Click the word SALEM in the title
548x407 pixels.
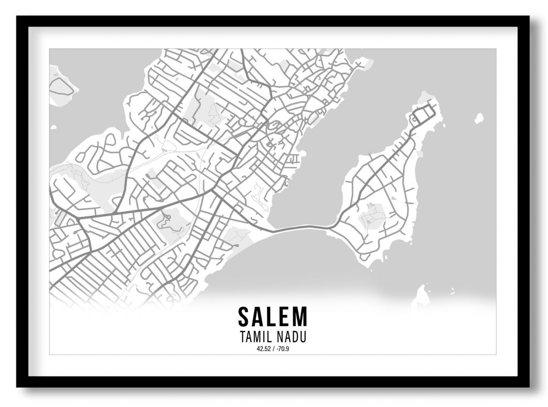pyautogui.click(x=273, y=316)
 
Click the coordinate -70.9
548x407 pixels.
pyautogui.click(x=282, y=350)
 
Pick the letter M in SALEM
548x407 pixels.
pyautogui.click(x=301, y=316)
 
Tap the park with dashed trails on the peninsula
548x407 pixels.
pyautogui.click(x=372, y=217)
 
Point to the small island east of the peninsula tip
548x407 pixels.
pyautogui.click(x=478, y=118)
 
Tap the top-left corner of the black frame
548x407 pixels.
pyautogui.click(x=18, y=18)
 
